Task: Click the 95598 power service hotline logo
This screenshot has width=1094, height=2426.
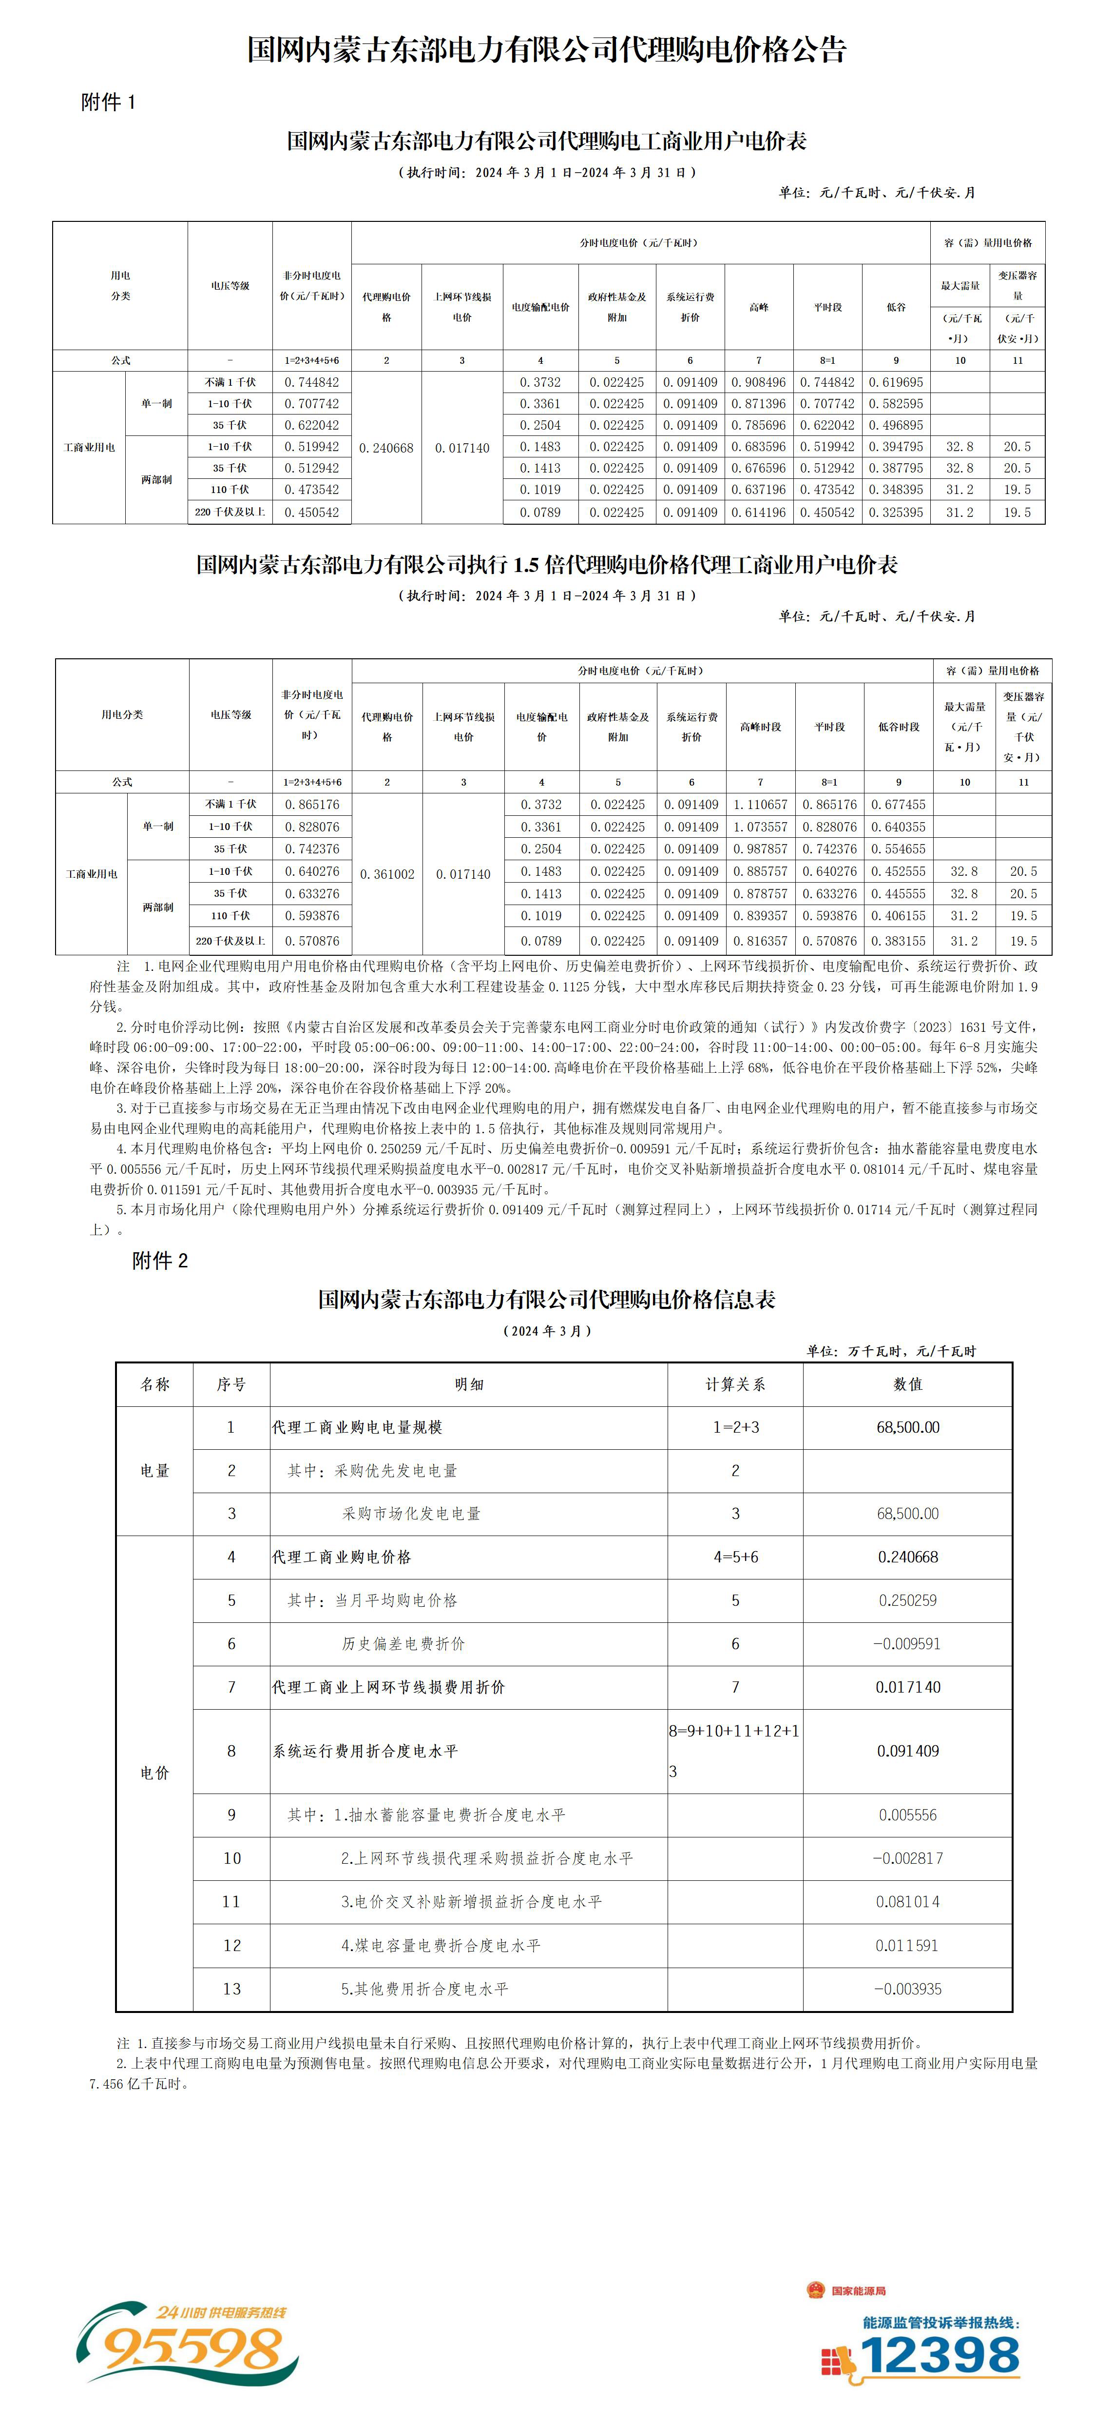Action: [x=188, y=2341]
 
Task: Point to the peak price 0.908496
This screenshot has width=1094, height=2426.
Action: [x=759, y=382]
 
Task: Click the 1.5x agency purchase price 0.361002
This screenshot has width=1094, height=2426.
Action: [x=387, y=874]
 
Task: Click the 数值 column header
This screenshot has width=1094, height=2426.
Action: [x=907, y=1384]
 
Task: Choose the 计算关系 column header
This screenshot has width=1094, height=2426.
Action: [x=735, y=1384]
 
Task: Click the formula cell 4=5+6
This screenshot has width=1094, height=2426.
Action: [x=735, y=1557]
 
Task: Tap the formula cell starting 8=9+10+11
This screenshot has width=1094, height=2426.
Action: [x=734, y=1751]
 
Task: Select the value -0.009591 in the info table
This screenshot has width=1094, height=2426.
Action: [x=907, y=1643]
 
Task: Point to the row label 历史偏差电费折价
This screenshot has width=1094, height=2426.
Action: [x=403, y=1643]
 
